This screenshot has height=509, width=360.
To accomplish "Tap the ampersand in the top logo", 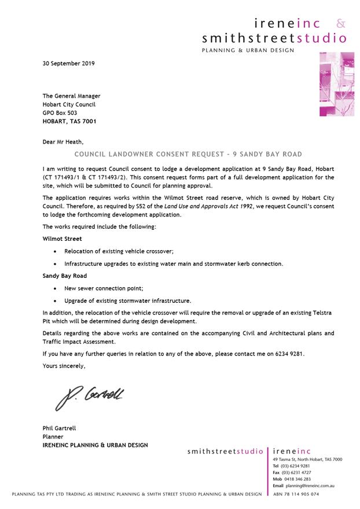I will (x=341, y=24).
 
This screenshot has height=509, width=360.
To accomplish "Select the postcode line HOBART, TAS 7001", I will (x=69, y=122).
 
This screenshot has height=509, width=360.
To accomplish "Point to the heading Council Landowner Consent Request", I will (x=189, y=155).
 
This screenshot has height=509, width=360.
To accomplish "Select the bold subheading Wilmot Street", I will (x=62, y=238).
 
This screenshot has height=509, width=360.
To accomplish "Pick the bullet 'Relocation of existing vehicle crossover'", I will (x=119, y=251).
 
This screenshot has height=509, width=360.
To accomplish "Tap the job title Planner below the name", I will (x=53, y=437).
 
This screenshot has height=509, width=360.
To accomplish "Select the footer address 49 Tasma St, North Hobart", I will (x=307, y=459).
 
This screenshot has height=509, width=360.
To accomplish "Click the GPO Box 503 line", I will (x=60, y=113).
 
